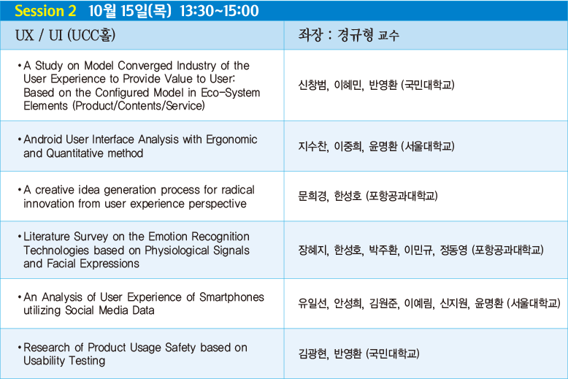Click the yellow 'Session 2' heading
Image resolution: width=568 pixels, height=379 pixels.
[x=46, y=11]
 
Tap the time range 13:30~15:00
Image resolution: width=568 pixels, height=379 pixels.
[x=219, y=11]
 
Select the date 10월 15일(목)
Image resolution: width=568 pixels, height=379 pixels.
[x=129, y=11]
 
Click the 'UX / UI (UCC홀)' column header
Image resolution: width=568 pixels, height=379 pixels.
[x=65, y=35]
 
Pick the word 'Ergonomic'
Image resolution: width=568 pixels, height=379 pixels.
[x=231, y=139]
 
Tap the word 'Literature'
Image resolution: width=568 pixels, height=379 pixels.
[x=47, y=237]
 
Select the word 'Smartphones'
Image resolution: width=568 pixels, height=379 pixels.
[x=231, y=297]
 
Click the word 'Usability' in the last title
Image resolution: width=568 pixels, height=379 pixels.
[x=45, y=361]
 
